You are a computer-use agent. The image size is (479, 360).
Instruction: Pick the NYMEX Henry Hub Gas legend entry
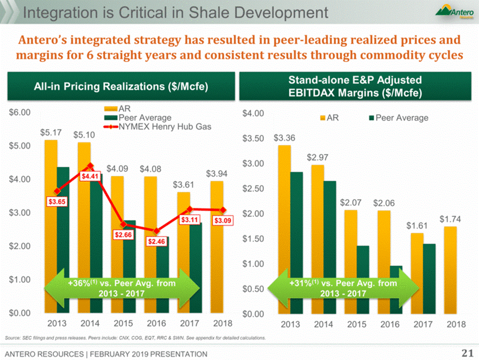coord(164,127)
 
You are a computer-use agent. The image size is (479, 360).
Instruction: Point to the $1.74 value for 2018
coord(450,219)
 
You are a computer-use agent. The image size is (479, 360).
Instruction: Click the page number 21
coord(466,354)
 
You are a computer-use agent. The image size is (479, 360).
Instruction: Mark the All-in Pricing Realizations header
coord(121,86)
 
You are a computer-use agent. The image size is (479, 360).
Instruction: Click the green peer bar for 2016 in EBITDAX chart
coord(396,290)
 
